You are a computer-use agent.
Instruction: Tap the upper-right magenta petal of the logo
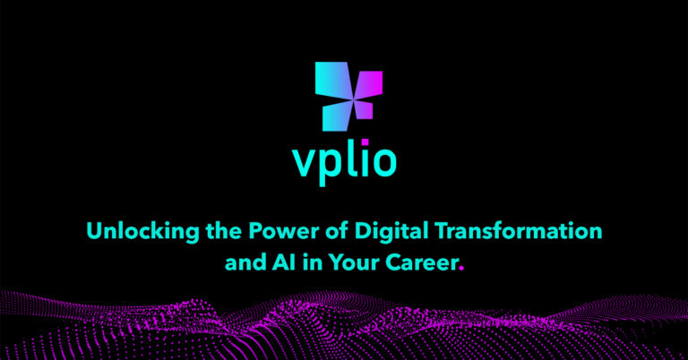click(369, 85)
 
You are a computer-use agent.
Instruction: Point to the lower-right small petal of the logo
click(363, 109)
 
